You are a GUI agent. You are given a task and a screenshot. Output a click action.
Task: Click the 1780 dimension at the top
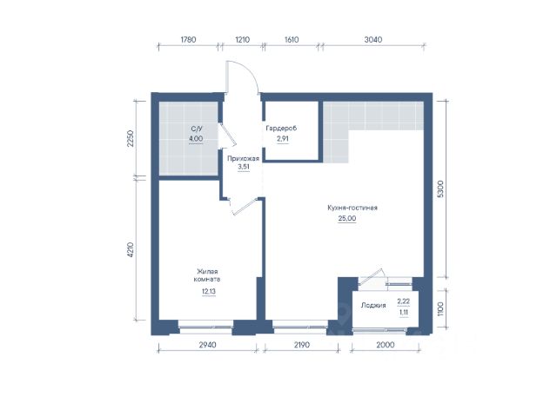[x=188, y=39]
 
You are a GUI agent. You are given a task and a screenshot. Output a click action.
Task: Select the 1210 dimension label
[x=242, y=39]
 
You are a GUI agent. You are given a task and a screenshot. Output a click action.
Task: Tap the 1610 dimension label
[x=292, y=39]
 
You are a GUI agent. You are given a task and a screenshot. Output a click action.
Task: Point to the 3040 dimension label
[x=373, y=39]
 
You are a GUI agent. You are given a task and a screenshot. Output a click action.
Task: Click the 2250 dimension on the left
[x=131, y=139]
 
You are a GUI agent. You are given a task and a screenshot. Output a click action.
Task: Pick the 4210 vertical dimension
[x=131, y=250]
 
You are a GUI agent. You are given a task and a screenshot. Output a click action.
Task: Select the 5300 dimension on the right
[x=440, y=189]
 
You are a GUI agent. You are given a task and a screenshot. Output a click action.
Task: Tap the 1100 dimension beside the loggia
[x=440, y=309]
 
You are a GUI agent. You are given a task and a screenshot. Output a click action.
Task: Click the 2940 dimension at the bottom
[x=207, y=344]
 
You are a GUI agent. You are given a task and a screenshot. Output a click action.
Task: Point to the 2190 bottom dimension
[x=301, y=344]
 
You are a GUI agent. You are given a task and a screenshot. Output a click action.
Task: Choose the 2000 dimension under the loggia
[x=386, y=344]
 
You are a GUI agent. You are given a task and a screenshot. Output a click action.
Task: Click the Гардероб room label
[x=281, y=128]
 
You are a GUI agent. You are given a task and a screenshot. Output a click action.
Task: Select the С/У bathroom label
[x=196, y=128]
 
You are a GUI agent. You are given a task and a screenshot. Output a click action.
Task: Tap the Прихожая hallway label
[x=244, y=158]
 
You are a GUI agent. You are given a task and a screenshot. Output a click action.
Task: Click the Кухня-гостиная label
[x=352, y=208]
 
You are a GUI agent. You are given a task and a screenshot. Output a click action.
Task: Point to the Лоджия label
[x=373, y=305]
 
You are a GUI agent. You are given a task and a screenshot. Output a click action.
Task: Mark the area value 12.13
[x=209, y=292]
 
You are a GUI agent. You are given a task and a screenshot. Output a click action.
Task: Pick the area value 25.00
[x=347, y=218]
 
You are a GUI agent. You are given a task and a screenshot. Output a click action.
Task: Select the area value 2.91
[x=283, y=139]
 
